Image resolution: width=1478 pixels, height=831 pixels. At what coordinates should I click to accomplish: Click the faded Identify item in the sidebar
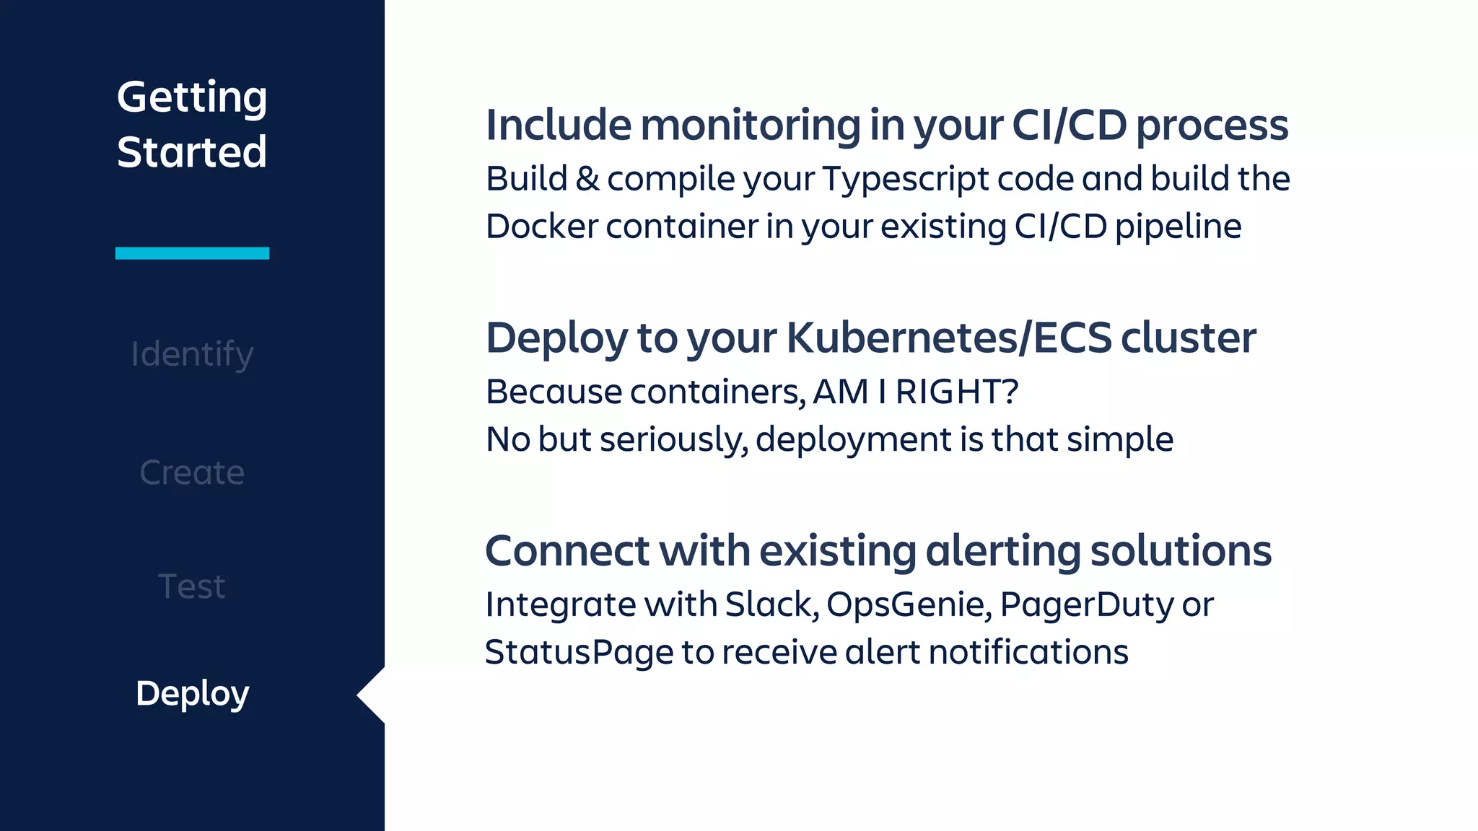pyautogui.click(x=192, y=355)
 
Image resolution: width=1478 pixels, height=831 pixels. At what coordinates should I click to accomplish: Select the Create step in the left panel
pyautogui.click(x=192, y=473)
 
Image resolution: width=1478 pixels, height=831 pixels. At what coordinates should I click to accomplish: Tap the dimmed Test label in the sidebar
pyautogui.click(x=192, y=586)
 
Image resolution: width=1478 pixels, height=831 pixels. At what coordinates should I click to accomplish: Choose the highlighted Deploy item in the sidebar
pyautogui.click(x=192, y=694)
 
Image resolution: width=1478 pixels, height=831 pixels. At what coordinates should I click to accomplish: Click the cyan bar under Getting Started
pyautogui.click(x=192, y=253)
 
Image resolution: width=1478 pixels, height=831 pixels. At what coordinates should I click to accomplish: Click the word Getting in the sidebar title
pyautogui.click(x=192, y=98)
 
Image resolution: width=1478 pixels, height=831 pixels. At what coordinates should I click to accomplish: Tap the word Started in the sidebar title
pyautogui.click(x=192, y=152)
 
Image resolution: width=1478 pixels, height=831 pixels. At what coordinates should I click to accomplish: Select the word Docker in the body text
pyautogui.click(x=542, y=227)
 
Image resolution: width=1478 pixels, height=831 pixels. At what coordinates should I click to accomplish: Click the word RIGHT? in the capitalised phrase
pyautogui.click(x=957, y=392)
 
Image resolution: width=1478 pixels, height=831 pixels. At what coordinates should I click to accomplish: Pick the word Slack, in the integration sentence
pyautogui.click(x=771, y=605)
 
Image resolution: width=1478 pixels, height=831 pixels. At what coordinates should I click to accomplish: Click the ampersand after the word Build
pyautogui.click(x=587, y=180)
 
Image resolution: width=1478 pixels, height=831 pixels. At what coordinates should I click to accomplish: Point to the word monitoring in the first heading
pyautogui.click(x=751, y=126)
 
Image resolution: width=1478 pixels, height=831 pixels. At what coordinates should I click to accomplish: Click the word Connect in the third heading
pyautogui.click(x=567, y=551)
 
